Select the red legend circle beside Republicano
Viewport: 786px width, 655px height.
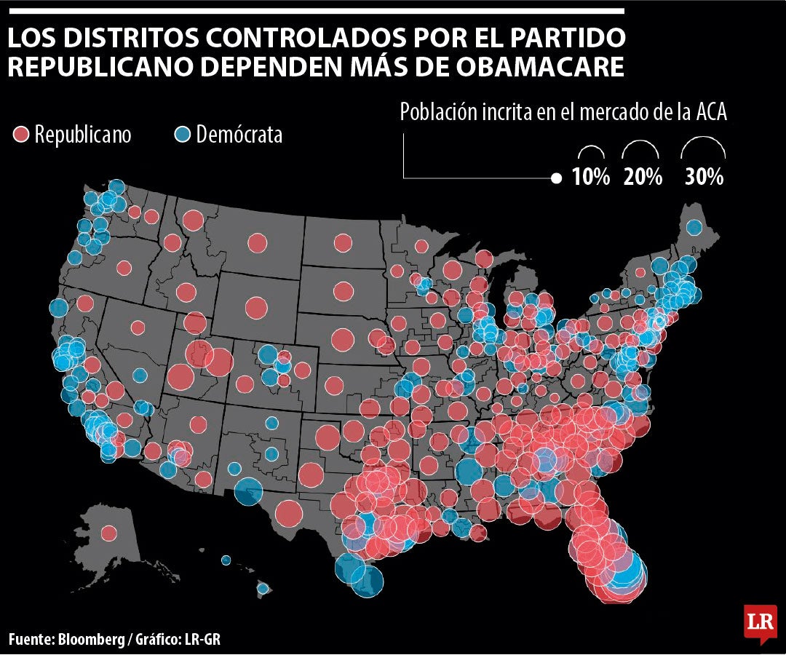pos(21,134)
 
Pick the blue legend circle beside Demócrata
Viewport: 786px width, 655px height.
pos(182,134)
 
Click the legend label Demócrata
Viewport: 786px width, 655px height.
pos(239,135)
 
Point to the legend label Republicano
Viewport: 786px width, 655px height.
pos(83,135)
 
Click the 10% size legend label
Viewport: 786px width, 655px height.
pos(590,177)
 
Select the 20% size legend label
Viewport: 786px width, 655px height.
pos(643,177)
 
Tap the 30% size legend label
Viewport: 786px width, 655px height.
pos(703,177)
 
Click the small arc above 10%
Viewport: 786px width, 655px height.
pos(591,151)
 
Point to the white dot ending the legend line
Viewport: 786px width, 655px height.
pos(557,178)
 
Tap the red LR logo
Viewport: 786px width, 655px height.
pos(760,622)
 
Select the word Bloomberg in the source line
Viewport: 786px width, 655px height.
pos(91,640)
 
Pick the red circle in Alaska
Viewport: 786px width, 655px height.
pos(109,533)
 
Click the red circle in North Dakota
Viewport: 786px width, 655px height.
pos(343,242)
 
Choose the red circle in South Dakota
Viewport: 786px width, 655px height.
pos(343,291)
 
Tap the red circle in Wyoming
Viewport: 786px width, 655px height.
pos(255,307)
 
